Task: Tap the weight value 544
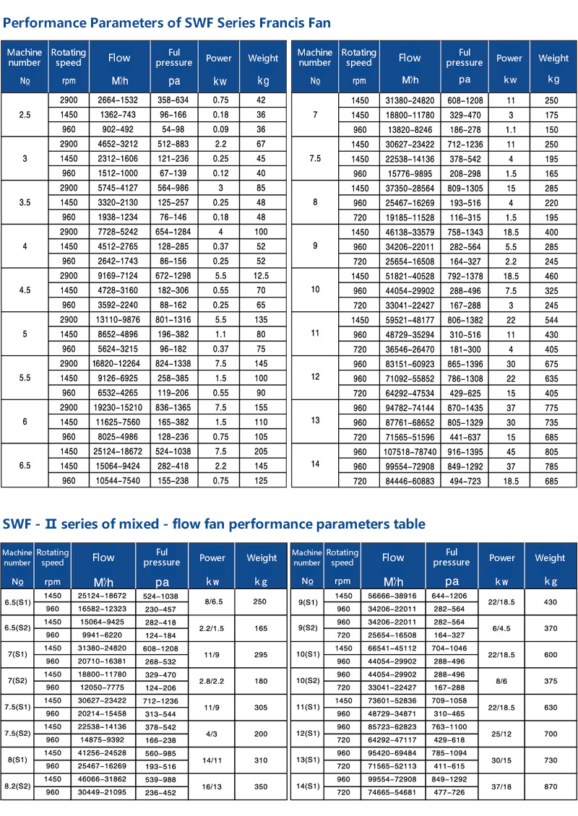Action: [x=553, y=320]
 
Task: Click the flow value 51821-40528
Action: [x=410, y=277]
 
